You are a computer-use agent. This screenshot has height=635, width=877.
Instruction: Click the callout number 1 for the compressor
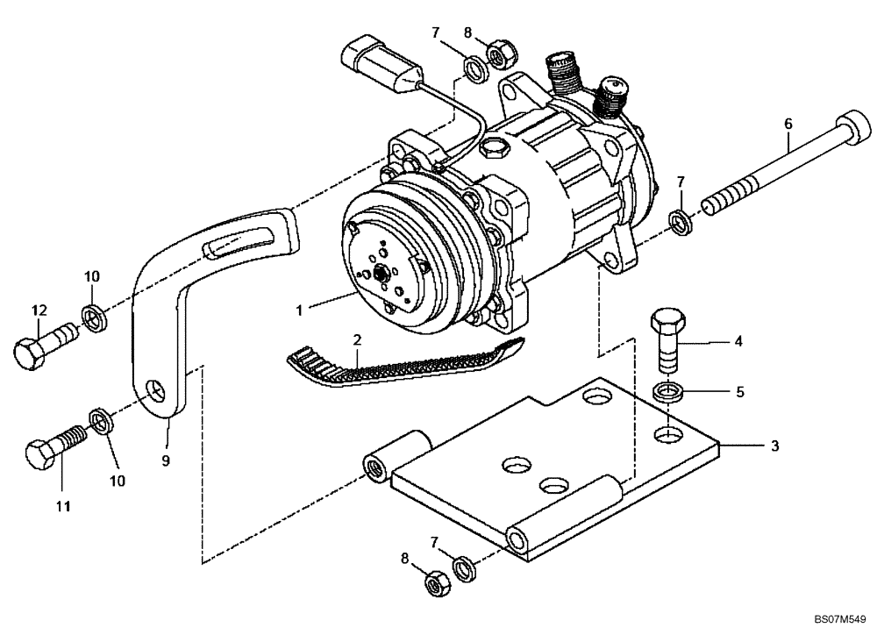pos(299,309)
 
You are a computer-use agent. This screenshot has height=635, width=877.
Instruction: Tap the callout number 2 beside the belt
pos(357,339)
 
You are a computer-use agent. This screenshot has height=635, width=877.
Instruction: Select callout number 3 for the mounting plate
pos(774,446)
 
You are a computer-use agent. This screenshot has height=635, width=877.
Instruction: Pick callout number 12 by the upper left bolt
pos(38,310)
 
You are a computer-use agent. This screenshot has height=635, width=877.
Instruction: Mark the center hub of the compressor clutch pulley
pos(383,273)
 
